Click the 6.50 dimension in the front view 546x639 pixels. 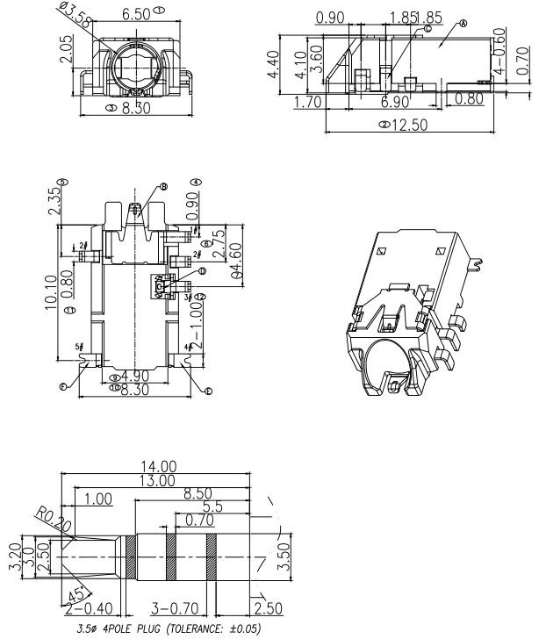[x=135, y=13]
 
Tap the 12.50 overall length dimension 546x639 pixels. [x=409, y=125]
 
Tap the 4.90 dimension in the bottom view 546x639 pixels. [x=134, y=377]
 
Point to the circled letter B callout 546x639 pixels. [x=164, y=187]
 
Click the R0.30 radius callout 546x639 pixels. [x=51, y=520]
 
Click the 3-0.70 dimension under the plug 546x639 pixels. [x=178, y=606]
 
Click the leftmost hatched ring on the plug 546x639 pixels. [x=131, y=557]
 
